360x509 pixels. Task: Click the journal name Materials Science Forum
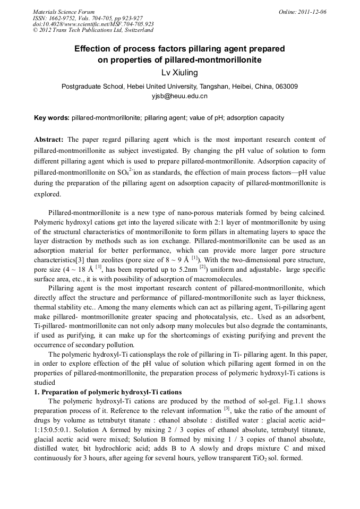pos(63,12)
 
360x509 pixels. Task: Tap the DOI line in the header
pos(93,24)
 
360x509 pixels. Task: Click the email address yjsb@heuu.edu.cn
pos(179,96)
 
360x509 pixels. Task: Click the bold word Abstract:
pos(49,140)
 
